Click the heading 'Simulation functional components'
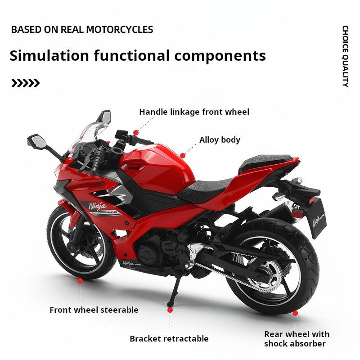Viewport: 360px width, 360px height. (x=138, y=56)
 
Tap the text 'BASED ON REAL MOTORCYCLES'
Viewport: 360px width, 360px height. (x=82, y=30)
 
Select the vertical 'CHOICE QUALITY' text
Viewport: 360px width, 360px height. (x=345, y=56)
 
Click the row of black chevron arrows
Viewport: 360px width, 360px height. (x=26, y=83)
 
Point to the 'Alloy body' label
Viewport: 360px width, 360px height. (x=220, y=139)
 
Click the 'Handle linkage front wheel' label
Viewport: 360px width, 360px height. (x=194, y=112)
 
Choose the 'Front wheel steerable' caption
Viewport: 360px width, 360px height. (x=94, y=310)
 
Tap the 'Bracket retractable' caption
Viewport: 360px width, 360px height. (x=169, y=338)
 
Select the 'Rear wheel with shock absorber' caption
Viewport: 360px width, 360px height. (x=297, y=339)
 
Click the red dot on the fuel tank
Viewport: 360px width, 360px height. (x=183, y=155)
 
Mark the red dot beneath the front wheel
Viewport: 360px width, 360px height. (x=80, y=280)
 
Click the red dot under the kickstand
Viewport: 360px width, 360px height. (x=170, y=310)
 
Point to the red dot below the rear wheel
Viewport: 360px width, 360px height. (x=295, y=313)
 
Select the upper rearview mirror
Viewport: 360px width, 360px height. (x=104, y=116)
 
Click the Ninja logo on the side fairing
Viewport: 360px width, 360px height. (x=97, y=207)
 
